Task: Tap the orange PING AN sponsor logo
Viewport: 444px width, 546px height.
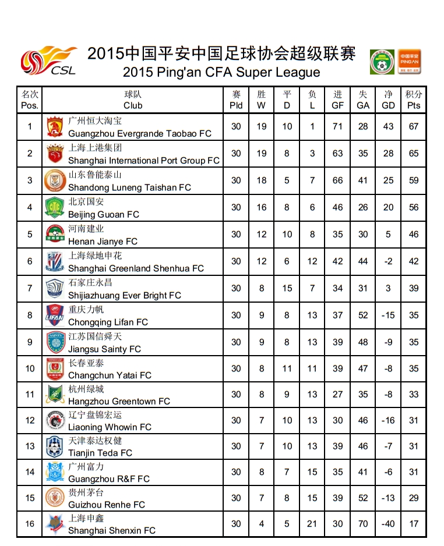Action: pyautogui.click(x=410, y=62)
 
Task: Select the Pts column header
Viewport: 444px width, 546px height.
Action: pyautogui.click(x=414, y=100)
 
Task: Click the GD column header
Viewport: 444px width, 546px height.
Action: pyautogui.click(x=388, y=100)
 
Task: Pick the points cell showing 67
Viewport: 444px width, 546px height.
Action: pyautogui.click(x=414, y=126)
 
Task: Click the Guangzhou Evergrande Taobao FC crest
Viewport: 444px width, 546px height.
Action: pyautogui.click(x=55, y=126)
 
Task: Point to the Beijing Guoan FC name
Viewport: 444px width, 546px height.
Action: pyautogui.click(x=104, y=214)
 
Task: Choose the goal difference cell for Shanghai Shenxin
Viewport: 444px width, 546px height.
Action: pyautogui.click(x=388, y=523)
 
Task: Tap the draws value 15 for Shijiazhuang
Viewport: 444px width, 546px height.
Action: pyautogui.click(x=287, y=288)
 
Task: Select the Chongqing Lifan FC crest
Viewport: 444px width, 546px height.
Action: pyautogui.click(x=55, y=315)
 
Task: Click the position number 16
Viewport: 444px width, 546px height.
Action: pyautogui.click(x=30, y=523)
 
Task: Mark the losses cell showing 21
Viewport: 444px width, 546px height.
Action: pyautogui.click(x=312, y=523)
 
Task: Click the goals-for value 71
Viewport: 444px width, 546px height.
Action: pyautogui.click(x=337, y=126)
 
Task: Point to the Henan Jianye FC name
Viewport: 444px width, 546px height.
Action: pyautogui.click(x=103, y=241)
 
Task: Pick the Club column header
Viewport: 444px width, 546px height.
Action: pyautogui.click(x=133, y=100)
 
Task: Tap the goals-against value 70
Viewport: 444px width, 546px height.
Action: pyautogui.click(x=363, y=523)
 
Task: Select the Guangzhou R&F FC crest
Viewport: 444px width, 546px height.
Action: pyautogui.click(x=55, y=471)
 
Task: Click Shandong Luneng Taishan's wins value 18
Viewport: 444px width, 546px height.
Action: pyautogui.click(x=262, y=180)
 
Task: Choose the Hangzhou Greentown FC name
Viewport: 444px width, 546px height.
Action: pyautogui.click(x=119, y=401)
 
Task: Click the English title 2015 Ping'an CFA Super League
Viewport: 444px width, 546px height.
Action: pyautogui.click(x=221, y=73)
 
